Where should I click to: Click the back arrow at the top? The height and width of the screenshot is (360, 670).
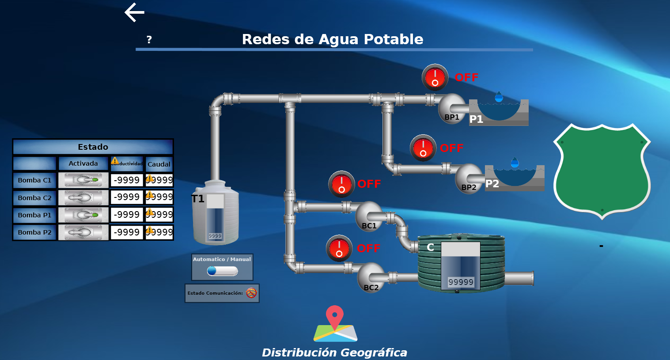(x=135, y=12)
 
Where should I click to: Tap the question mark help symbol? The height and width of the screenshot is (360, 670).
(x=149, y=40)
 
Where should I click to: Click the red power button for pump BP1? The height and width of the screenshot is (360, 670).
(x=435, y=77)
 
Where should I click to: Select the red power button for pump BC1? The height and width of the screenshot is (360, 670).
(x=341, y=184)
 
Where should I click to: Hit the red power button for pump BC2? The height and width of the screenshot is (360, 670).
(x=339, y=248)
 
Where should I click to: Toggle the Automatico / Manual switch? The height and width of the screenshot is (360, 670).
(x=222, y=270)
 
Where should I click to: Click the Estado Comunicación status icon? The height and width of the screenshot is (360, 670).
(x=251, y=293)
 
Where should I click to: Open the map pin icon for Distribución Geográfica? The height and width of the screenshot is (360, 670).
(x=335, y=324)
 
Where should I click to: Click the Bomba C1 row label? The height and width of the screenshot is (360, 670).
(x=34, y=180)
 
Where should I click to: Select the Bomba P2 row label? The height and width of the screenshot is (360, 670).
(x=34, y=232)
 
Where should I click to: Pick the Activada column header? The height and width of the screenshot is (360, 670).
(x=83, y=163)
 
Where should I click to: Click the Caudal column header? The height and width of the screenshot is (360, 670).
(x=159, y=164)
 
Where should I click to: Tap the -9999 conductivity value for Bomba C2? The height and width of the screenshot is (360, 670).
(x=127, y=197)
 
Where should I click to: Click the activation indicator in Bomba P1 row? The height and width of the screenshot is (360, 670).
(x=83, y=215)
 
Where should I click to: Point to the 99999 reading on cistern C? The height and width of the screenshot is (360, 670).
(x=461, y=282)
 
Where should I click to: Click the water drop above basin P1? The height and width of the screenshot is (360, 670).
(x=499, y=97)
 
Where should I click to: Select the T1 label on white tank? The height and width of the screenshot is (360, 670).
(x=198, y=199)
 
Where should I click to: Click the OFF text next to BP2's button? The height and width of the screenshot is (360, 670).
(x=451, y=148)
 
